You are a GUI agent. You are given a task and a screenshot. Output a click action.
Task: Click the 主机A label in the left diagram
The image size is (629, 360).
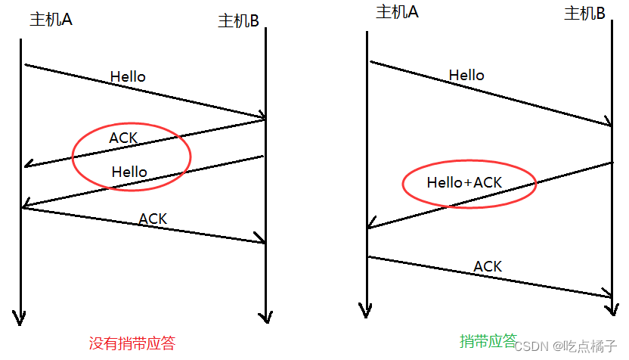[51, 20]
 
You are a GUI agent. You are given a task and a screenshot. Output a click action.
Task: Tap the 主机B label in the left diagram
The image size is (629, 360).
[238, 21]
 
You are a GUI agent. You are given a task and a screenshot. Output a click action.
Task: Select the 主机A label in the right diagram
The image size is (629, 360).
[397, 11]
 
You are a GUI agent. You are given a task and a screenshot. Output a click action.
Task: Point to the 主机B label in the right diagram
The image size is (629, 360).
[584, 13]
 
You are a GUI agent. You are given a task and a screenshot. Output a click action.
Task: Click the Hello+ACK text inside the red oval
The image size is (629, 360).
[464, 182]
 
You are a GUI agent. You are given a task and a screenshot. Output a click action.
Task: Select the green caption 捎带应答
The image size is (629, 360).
[488, 340]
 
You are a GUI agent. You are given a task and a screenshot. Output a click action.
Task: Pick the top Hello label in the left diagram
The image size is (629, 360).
[128, 76]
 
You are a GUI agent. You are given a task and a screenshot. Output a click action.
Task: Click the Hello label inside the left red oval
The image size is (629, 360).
[129, 172]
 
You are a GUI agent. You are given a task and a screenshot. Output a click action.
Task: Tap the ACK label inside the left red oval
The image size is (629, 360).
[123, 138]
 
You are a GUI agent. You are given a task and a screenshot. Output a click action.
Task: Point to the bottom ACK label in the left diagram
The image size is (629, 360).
[153, 219]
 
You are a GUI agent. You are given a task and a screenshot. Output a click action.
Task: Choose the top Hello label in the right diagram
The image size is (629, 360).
[466, 75]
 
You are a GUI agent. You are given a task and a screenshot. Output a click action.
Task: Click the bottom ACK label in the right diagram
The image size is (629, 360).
[488, 266]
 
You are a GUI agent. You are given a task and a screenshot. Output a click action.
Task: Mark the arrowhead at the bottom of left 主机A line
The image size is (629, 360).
[20, 318]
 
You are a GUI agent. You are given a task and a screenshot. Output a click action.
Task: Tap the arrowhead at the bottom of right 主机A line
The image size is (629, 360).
[366, 309]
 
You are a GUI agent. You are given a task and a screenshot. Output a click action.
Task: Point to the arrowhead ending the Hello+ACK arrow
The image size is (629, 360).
[370, 225]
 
